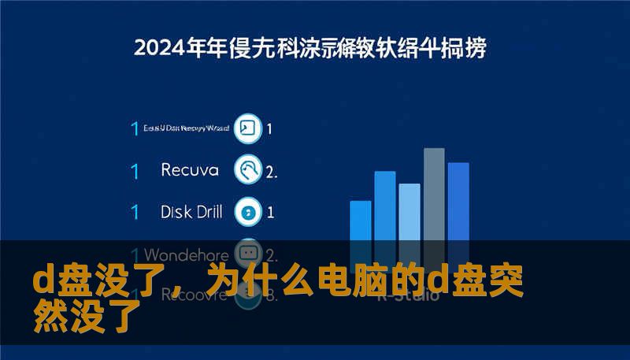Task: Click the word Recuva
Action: coord(190,169)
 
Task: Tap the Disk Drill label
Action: coord(191,211)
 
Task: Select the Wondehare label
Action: coord(187,255)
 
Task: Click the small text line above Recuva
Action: coord(187,128)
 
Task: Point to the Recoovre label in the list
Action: coord(183,295)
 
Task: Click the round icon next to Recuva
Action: coord(249,169)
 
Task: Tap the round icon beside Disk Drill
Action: coord(249,211)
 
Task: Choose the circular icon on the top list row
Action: coord(249,128)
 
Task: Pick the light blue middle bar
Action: coord(409,213)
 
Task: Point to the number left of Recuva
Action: coord(135,170)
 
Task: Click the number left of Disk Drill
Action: coord(135,212)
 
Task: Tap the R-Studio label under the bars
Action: coord(402,297)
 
